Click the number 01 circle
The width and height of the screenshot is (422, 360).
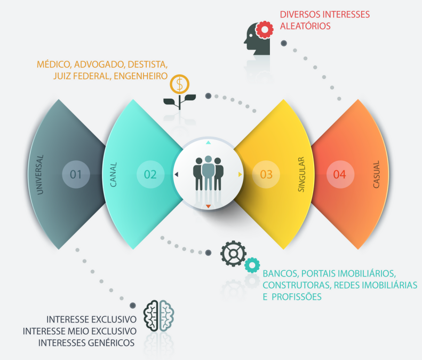76,174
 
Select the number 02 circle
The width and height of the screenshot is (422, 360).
150,174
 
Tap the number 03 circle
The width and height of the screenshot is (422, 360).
266,174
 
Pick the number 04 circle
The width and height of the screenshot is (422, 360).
340,174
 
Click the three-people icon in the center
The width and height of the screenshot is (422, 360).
208,173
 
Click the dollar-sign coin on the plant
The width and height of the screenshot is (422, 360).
180,84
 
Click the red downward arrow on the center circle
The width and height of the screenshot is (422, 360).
209,206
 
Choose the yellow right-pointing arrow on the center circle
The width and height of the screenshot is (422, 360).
241,175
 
